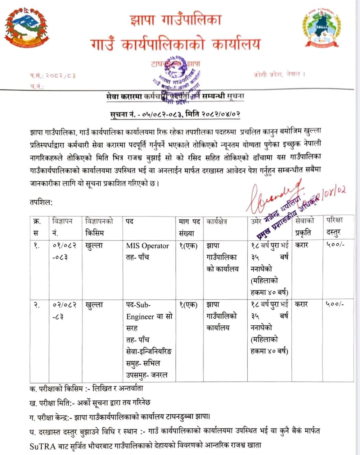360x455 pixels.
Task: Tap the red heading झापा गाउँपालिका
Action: (175, 20)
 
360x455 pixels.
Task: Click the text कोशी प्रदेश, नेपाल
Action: (279, 74)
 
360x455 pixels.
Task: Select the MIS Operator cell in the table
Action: (147, 246)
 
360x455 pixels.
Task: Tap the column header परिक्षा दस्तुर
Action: (334, 227)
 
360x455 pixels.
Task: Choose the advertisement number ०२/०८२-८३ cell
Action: (65, 311)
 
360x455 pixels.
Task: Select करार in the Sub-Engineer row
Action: (301, 304)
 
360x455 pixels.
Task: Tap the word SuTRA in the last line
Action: (42, 446)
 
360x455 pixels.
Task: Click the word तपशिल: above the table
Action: (41, 202)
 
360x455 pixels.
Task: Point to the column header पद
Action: (130, 222)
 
